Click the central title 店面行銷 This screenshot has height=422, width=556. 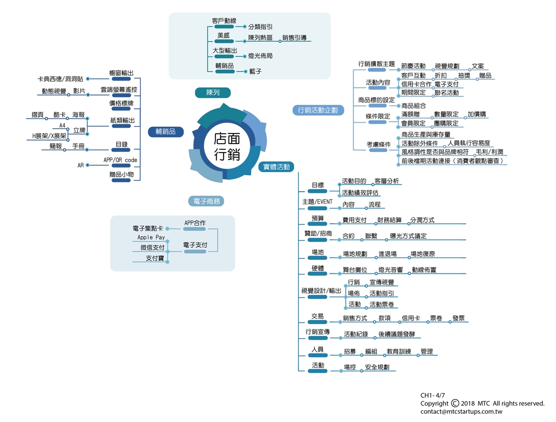(227, 146)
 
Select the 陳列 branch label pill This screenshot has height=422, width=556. (213, 93)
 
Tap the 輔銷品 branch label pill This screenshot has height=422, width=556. (165, 131)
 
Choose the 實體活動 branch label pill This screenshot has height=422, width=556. (276, 167)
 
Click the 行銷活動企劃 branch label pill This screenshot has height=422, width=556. (318, 110)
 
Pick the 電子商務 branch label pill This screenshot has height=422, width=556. (207, 201)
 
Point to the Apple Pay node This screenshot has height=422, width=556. (151, 237)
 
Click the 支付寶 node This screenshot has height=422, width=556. (155, 258)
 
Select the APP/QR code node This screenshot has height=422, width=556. (120, 160)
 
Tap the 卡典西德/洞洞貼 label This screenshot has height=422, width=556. (60, 79)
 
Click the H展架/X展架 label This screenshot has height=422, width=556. (50, 136)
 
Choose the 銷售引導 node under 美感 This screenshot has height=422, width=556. (295, 38)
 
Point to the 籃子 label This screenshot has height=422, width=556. (255, 71)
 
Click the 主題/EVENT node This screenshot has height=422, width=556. (318, 202)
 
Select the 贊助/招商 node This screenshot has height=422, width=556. (318, 234)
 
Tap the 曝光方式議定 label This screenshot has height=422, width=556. (408, 236)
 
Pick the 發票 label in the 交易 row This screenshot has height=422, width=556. (459, 318)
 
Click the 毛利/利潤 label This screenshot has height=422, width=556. (490, 152)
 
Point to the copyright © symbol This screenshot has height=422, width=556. (455, 403)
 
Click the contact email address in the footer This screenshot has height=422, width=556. (461, 412)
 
